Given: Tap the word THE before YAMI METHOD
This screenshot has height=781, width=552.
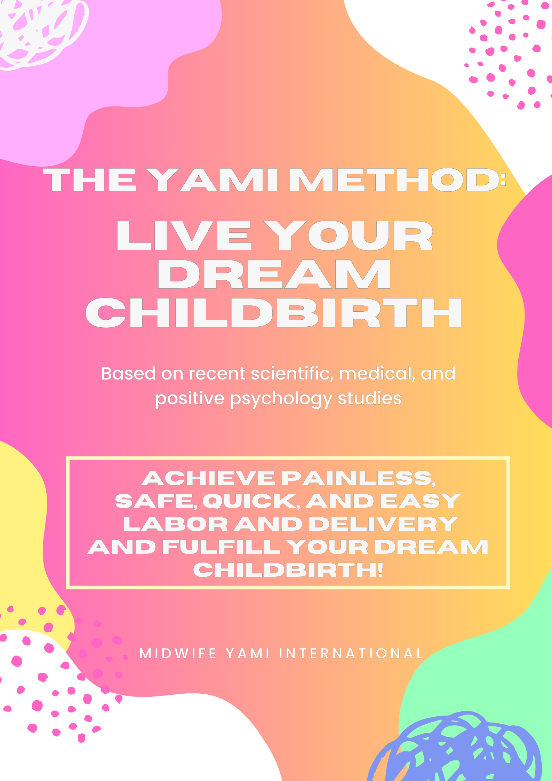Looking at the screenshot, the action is coord(90,180).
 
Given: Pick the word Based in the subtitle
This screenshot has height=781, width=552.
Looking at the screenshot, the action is coord(128,373).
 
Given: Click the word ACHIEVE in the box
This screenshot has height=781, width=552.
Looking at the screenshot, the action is coord(208,478).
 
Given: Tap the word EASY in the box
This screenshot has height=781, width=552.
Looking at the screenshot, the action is coord(421,501).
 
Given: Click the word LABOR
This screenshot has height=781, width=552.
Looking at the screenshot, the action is coord(176,524).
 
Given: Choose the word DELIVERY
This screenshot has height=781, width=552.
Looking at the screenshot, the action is coord(383,524).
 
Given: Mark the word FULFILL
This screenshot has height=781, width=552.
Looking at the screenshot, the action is coord(222,547).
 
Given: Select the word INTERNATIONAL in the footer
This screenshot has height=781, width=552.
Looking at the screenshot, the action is coord(351,653).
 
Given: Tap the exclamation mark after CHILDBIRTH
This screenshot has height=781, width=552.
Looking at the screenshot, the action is coord(379,570).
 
